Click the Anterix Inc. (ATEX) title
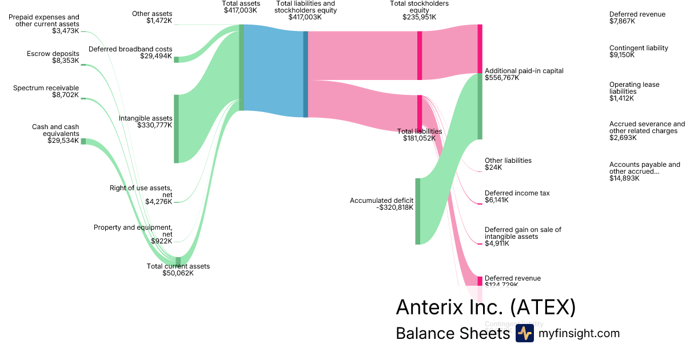[x=485, y=307]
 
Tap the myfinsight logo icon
[x=524, y=334]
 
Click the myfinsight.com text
[x=579, y=334]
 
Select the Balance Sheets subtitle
[x=452, y=334]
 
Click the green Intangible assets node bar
[x=176, y=129]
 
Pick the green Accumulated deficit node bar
[x=417, y=211]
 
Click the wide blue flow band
[x=273, y=71]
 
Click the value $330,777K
[x=154, y=125]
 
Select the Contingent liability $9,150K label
[x=639, y=51]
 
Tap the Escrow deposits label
[x=53, y=54]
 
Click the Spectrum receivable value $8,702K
[x=65, y=95]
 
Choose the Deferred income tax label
[x=517, y=193]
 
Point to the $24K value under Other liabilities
[x=493, y=167]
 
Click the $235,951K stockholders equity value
[x=419, y=17]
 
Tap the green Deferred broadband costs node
[x=176, y=59]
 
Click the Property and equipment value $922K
[x=161, y=241]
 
